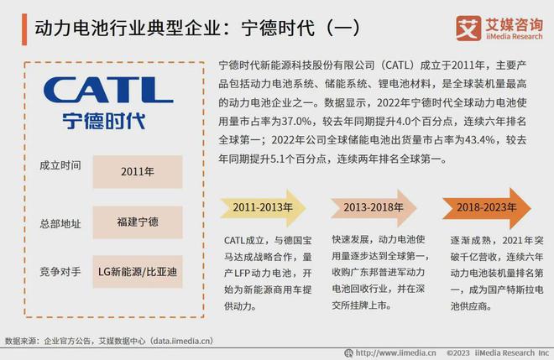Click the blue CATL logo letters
tap(108, 90)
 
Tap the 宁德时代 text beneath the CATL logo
tap(104, 121)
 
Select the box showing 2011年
tap(138, 172)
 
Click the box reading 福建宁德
tap(138, 222)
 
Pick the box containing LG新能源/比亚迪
tap(138, 272)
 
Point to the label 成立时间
tap(60, 165)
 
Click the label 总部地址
tap(60, 223)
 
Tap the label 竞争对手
tap(60, 272)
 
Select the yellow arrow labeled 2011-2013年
tap(263, 208)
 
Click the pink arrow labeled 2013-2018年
tap(374, 208)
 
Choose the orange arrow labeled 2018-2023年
tap(487, 208)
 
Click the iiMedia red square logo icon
tap(468, 29)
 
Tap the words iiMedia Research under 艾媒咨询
tap(514, 36)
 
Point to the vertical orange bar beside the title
tap(24, 29)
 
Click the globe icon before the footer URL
tap(348, 353)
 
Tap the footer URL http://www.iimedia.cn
tap(395, 353)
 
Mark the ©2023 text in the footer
tap(458, 353)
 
